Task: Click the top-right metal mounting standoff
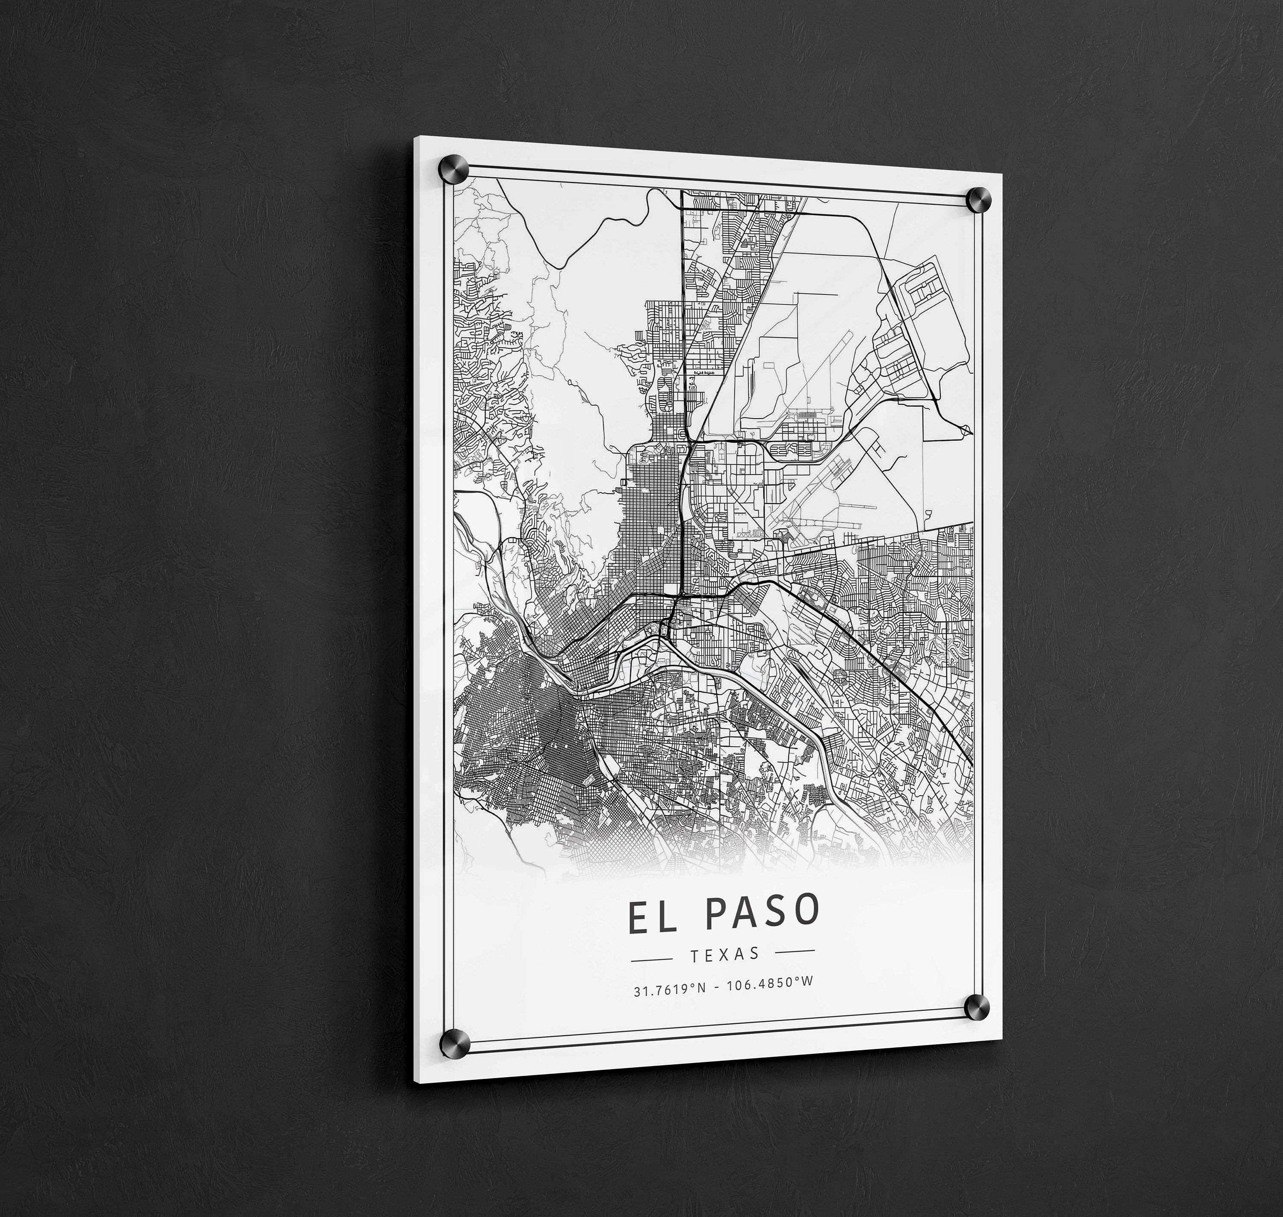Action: click(978, 199)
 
